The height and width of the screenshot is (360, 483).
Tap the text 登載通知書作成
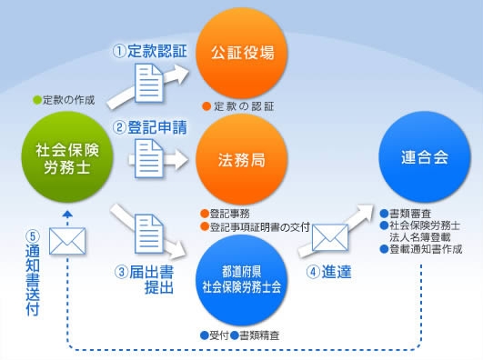424,248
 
